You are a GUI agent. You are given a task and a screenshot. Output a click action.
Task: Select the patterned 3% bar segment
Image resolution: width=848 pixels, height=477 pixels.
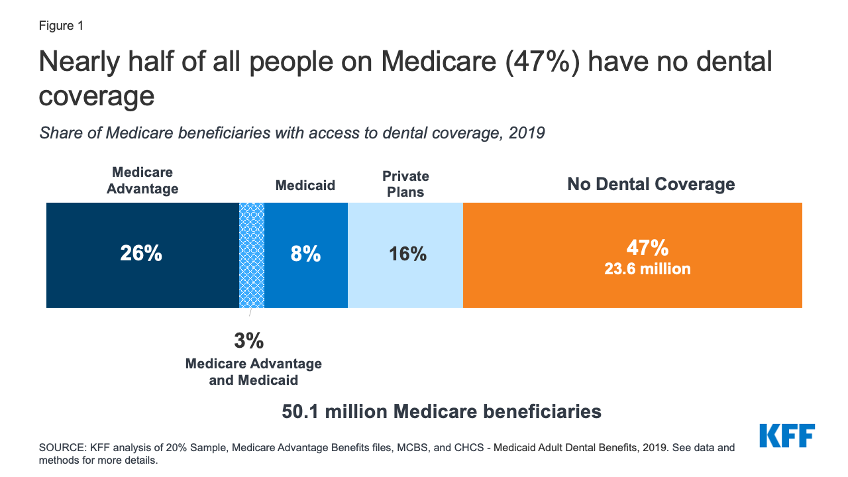pos(252,255)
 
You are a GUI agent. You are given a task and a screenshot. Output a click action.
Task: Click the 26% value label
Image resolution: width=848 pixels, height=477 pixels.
pos(141,254)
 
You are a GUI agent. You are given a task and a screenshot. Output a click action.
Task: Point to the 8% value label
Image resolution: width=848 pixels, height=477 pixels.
pos(305,254)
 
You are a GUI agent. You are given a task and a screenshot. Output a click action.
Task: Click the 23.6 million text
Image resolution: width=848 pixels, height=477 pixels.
pos(647,269)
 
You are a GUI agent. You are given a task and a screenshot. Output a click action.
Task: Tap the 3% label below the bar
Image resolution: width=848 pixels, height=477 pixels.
pos(248,341)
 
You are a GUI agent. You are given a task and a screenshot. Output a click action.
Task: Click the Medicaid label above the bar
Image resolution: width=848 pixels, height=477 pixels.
pos(305,185)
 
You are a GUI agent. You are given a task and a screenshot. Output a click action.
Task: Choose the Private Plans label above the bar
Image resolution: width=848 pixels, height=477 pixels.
pos(405,184)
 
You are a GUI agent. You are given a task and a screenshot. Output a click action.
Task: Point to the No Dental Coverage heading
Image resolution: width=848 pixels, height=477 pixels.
pos(651,184)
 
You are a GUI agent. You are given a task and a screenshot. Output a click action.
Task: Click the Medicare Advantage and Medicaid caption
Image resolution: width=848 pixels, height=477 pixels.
pos(254,372)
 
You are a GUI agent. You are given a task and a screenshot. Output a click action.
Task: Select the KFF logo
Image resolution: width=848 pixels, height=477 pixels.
pos(786,436)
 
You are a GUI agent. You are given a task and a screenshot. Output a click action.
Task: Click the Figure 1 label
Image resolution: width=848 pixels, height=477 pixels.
pos(61,26)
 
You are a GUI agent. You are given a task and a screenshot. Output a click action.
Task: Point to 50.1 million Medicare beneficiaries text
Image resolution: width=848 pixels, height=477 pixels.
pos(441,411)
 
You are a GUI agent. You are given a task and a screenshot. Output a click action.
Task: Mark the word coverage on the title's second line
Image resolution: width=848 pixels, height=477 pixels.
pos(97,97)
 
